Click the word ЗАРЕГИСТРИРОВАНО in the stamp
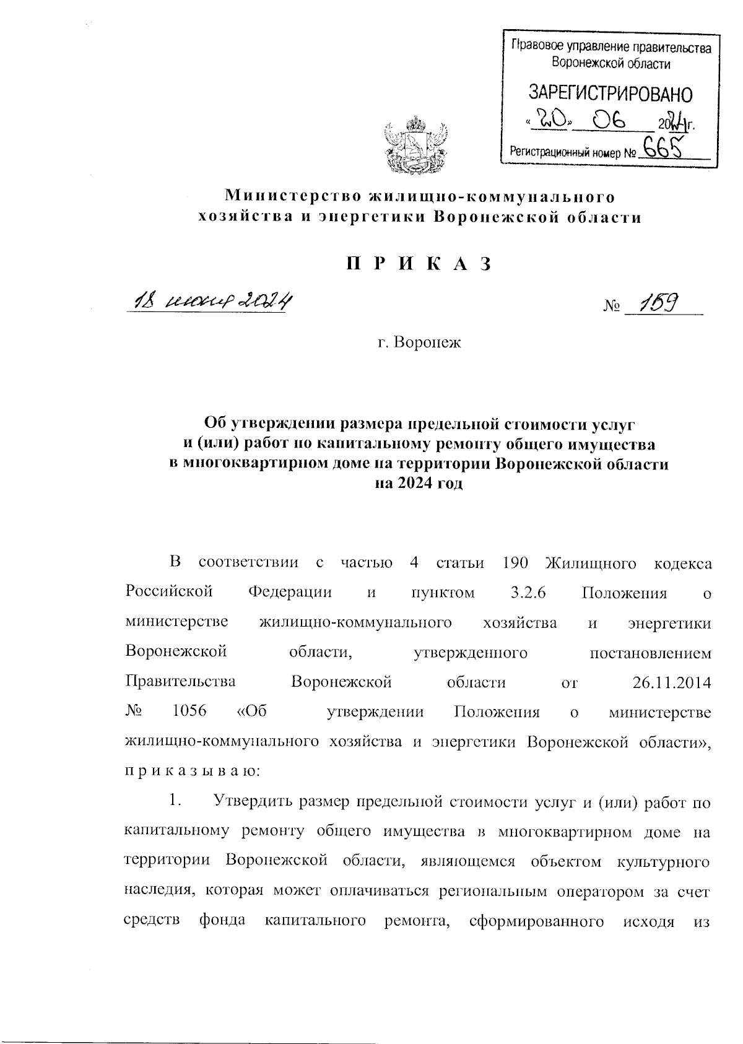tap(610, 94)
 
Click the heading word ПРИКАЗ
tap(419, 264)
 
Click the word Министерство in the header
tap(292, 196)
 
